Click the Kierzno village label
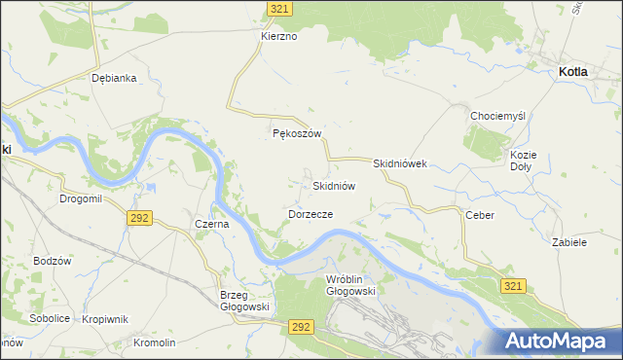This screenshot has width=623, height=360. [x=278, y=36]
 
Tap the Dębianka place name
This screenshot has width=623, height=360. [x=113, y=78]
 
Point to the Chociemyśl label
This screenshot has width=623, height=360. [x=497, y=116]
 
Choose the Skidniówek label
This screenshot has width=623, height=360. [x=400, y=164]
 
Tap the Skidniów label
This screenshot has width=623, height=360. [x=334, y=185]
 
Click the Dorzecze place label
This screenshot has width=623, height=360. [x=311, y=213]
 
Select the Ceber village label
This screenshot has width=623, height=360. [x=481, y=215]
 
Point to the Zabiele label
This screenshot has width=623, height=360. [x=569, y=242]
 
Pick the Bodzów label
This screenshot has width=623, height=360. [x=53, y=261]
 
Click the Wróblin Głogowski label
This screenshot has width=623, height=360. [x=350, y=284]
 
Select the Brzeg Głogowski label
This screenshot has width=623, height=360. [x=241, y=301]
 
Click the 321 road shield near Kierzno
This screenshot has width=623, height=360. [x=280, y=8]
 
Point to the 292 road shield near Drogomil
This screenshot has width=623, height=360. [x=138, y=218]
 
